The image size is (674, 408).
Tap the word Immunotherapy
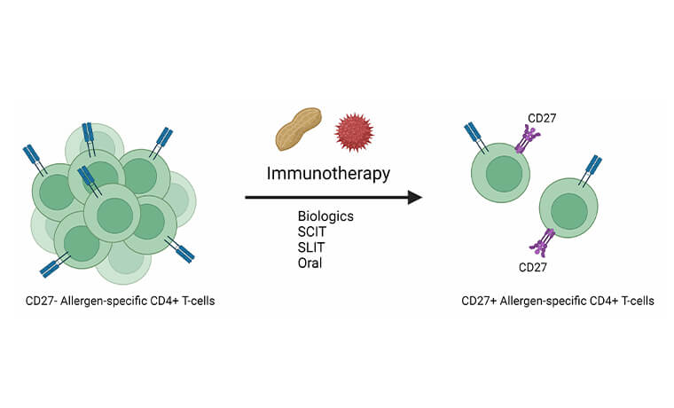click(328, 173)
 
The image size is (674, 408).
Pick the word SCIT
click(313, 231)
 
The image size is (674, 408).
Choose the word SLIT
click(312, 247)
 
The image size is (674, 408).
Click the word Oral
click(311, 263)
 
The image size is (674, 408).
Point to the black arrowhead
click(414, 196)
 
